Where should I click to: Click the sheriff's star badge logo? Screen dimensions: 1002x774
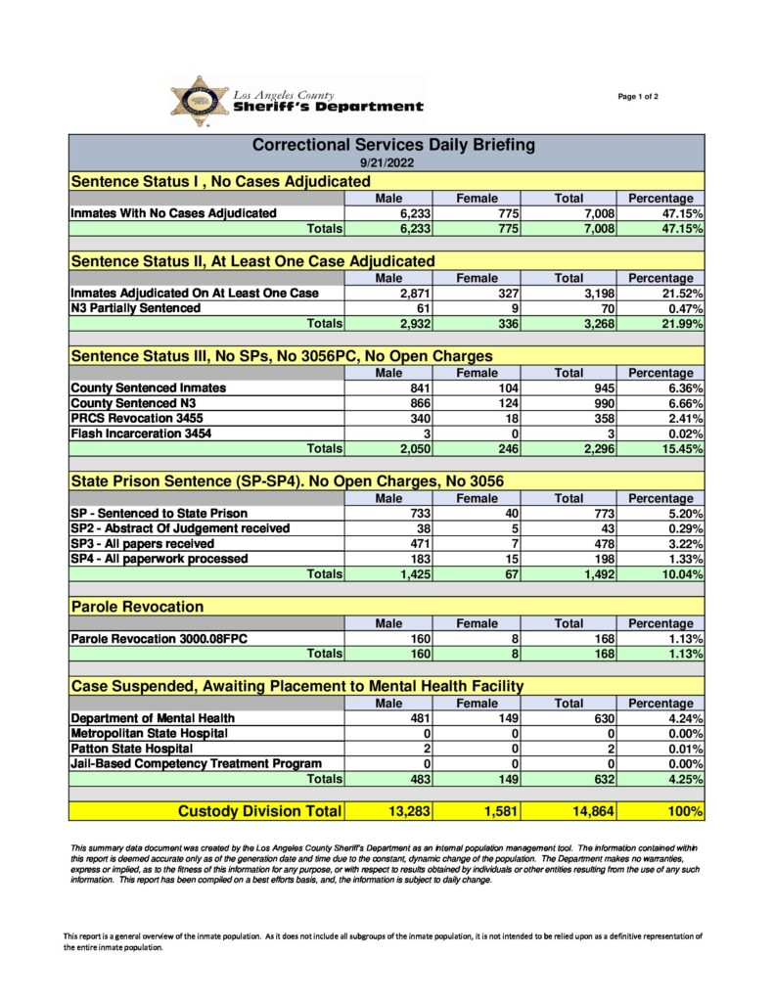point(200,101)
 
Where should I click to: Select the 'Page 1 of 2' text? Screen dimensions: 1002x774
point(638,96)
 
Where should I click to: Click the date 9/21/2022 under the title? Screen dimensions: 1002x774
point(386,164)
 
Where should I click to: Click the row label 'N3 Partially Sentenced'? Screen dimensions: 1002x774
point(135,308)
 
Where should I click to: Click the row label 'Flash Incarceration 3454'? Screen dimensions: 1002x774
point(141,433)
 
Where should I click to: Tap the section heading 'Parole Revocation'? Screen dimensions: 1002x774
point(137,607)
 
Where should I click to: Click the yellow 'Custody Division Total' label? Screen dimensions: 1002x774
point(259,811)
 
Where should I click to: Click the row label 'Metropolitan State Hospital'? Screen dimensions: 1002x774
point(149,733)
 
